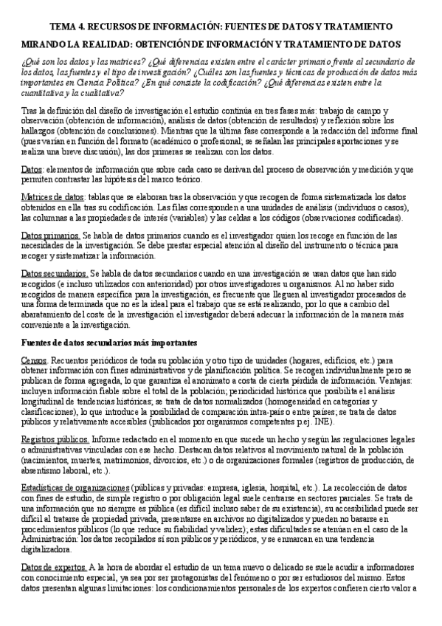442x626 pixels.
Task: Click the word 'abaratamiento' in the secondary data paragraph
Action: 51,312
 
